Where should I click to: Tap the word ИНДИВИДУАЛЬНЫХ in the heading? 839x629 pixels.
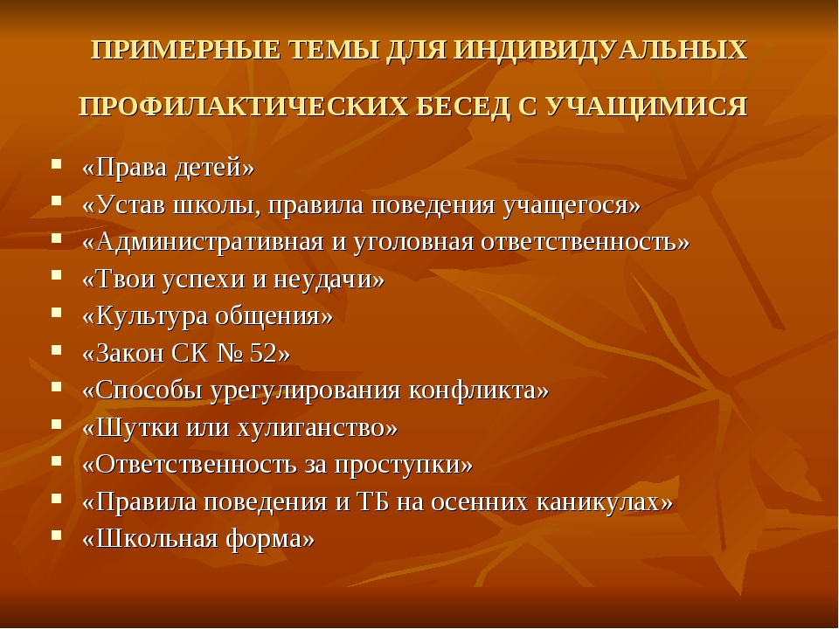[x=600, y=51]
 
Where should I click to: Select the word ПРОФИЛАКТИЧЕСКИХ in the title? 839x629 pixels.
[x=244, y=106]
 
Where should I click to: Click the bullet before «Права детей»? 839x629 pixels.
[x=56, y=163]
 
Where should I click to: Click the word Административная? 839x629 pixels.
[x=210, y=242]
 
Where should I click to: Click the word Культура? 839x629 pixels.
[x=151, y=316]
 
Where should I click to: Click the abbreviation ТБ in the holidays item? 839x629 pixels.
[x=372, y=502]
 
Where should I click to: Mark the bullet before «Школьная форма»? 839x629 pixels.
[x=56, y=535]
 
